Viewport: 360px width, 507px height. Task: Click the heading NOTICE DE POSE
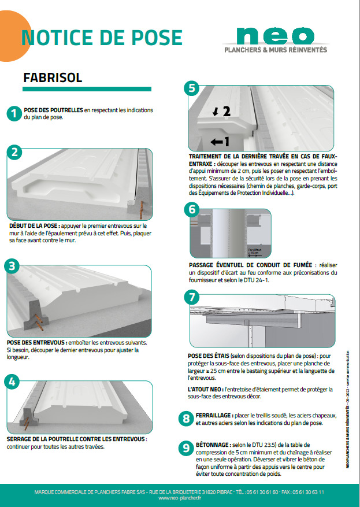click(x=102, y=37)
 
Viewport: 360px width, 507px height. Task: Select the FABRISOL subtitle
click(x=53, y=77)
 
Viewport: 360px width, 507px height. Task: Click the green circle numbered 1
click(x=14, y=113)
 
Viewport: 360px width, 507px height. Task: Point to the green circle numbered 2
click(x=14, y=153)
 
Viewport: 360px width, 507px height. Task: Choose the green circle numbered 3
click(x=12, y=266)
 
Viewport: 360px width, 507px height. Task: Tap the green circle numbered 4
click(x=12, y=380)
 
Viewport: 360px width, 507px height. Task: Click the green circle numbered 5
click(x=192, y=88)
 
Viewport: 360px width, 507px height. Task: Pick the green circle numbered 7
click(x=191, y=297)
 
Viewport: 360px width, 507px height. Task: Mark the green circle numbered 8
click(x=185, y=418)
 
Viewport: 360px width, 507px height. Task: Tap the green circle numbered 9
click(x=185, y=447)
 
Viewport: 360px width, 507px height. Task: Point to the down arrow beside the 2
click(x=215, y=112)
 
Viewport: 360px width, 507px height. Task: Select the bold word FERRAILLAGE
click(x=212, y=416)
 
